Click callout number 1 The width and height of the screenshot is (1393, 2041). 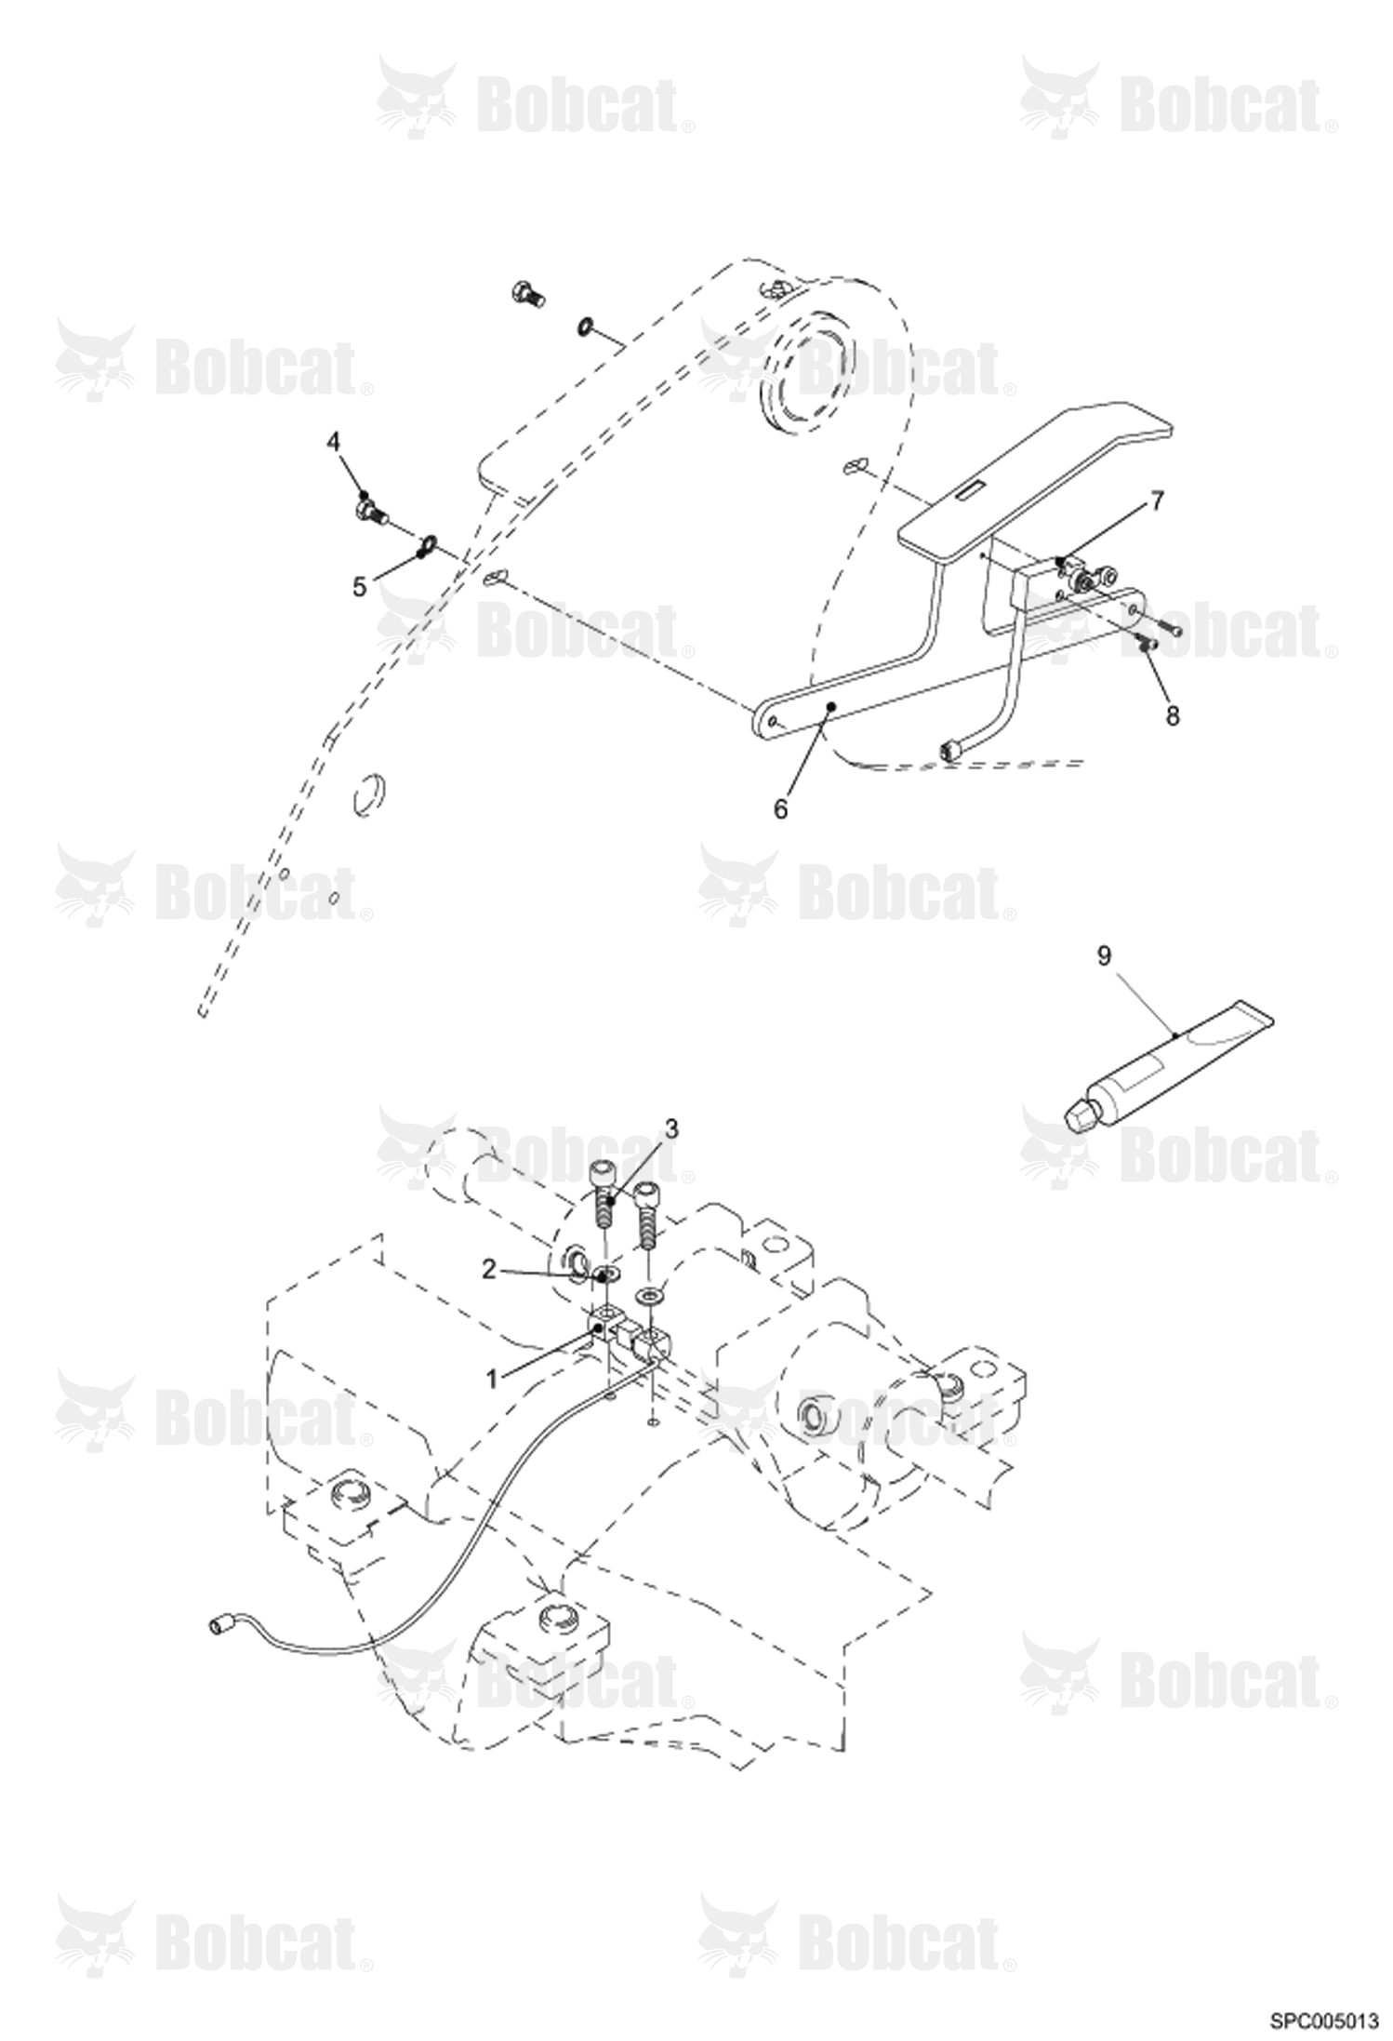tap(491, 1378)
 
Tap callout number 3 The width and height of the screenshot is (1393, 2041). tap(670, 1129)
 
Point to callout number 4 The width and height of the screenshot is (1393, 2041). tap(333, 441)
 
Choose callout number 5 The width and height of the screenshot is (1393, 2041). tap(359, 587)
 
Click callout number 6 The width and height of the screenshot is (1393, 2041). tap(780, 809)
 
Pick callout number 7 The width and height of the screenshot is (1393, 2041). tap(1156, 501)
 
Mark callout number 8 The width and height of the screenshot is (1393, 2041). tap(1172, 715)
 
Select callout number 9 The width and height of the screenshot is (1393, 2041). tap(1104, 955)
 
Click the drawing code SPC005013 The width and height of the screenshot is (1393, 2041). tap(1324, 2021)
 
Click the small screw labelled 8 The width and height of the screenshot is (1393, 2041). tap(1148, 641)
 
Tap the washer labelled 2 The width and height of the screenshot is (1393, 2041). tap(610, 1272)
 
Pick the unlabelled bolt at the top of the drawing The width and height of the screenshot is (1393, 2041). tap(528, 294)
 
